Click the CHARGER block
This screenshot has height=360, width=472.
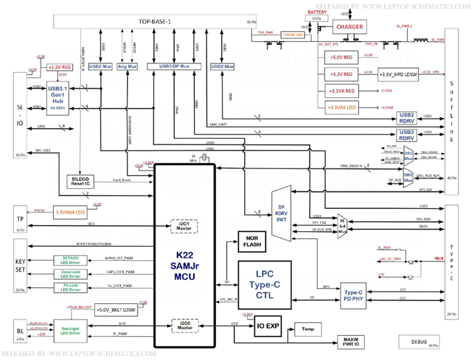(x=349, y=27)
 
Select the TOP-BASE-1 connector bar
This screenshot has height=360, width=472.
(x=155, y=22)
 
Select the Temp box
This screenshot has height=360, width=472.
(x=308, y=328)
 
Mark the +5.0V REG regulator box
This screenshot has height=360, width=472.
(x=344, y=57)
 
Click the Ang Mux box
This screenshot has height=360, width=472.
(x=127, y=67)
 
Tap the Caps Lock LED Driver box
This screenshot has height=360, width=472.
(x=70, y=276)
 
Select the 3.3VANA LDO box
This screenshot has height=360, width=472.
(x=70, y=211)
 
